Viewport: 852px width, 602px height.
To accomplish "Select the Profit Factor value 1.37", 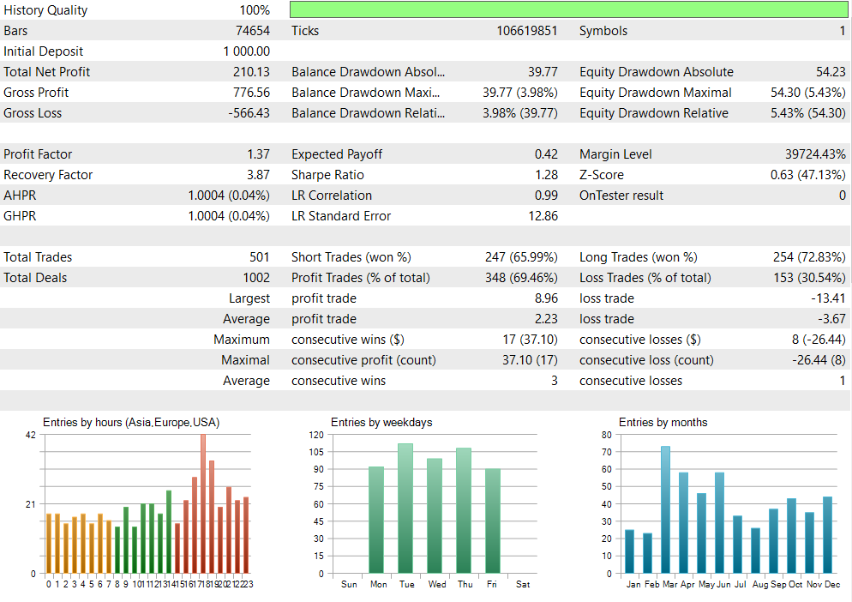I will [258, 154].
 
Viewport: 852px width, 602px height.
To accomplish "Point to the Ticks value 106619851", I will [526, 31].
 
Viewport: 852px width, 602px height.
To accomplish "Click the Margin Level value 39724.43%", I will [815, 154].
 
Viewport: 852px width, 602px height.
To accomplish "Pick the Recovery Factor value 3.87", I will [258, 175].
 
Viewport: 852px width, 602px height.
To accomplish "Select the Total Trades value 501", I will [259, 257].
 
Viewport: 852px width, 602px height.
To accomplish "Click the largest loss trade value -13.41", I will [828, 298].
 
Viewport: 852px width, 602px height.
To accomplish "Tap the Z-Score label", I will [600, 175].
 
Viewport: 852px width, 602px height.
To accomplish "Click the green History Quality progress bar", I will [568, 10].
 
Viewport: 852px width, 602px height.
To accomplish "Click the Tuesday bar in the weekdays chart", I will [405, 508].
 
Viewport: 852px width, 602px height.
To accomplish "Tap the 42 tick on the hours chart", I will [31, 435].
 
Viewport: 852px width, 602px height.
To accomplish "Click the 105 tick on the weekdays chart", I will [316, 452].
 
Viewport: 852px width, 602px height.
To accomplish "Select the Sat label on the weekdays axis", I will [523, 585].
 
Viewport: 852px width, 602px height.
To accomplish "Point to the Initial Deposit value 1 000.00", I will [246, 51].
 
